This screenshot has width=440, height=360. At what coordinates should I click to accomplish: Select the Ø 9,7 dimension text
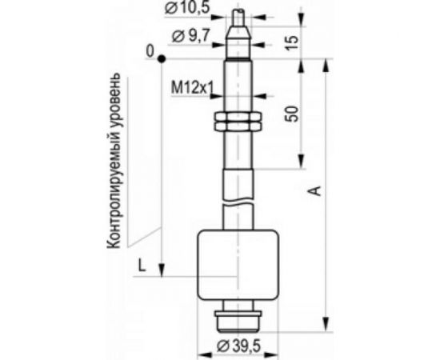tap(190, 36)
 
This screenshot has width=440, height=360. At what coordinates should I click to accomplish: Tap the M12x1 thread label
tap(192, 88)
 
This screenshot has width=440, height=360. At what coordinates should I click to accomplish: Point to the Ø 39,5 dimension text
tap(238, 346)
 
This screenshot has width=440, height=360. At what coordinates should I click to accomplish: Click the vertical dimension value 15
tap(292, 43)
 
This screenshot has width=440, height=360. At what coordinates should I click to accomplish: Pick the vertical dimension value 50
tap(291, 114)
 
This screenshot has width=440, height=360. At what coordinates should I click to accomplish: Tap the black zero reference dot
tap(162, 59)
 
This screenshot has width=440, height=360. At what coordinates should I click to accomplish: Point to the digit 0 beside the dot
tap(150, 51)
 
